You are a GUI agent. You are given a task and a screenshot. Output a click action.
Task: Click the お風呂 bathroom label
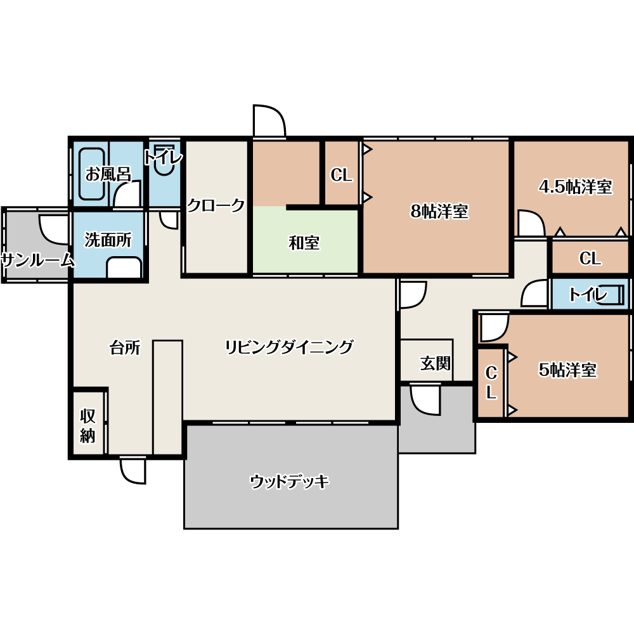[108, 174]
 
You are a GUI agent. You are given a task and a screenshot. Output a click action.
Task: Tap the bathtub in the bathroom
[92, 174]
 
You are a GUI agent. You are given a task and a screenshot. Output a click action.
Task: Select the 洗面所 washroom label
[108, 240]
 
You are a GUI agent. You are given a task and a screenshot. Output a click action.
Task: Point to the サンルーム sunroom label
[38, 261]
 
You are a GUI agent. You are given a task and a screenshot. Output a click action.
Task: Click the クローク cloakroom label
[216, 205]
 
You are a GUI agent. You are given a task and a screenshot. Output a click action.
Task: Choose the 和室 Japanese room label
[304, 243]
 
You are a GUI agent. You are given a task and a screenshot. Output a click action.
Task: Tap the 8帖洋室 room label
[439, 212]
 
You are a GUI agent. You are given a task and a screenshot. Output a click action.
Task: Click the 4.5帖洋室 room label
[576, 187]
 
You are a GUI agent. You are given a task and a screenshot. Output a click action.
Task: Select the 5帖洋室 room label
[567, 370]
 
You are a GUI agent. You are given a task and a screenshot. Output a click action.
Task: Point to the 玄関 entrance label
[435, 363]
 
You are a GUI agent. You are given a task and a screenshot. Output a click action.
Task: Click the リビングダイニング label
[289, 347]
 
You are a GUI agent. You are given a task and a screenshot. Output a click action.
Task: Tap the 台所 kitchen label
[125, 347]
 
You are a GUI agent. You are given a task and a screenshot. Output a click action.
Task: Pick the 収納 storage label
[87, 426]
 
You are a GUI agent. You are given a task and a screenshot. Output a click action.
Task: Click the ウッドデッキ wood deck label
[290, 482]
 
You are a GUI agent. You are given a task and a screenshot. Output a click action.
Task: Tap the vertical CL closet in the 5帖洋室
[491, 382]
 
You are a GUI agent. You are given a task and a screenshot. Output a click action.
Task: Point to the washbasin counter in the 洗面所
[124, 267]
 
